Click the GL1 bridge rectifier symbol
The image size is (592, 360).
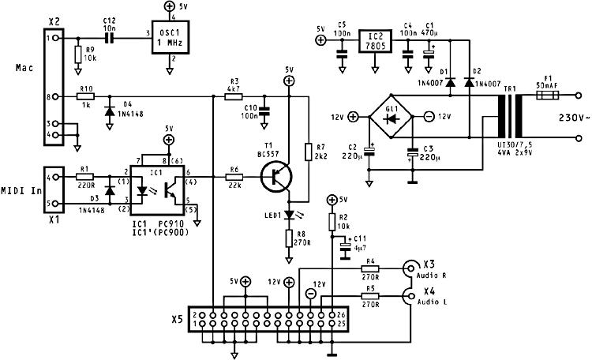point(390,118)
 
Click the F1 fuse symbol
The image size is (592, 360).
point(547,95)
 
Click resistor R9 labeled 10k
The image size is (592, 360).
point(77,54)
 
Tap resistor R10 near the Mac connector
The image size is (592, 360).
point(85,97)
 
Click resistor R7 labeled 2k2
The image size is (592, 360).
point(308,149)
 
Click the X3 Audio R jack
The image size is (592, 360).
point(410,268)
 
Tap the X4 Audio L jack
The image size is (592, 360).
point(410,297)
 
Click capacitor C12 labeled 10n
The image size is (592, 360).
point(110,36)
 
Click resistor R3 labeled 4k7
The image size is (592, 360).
point(234,97)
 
